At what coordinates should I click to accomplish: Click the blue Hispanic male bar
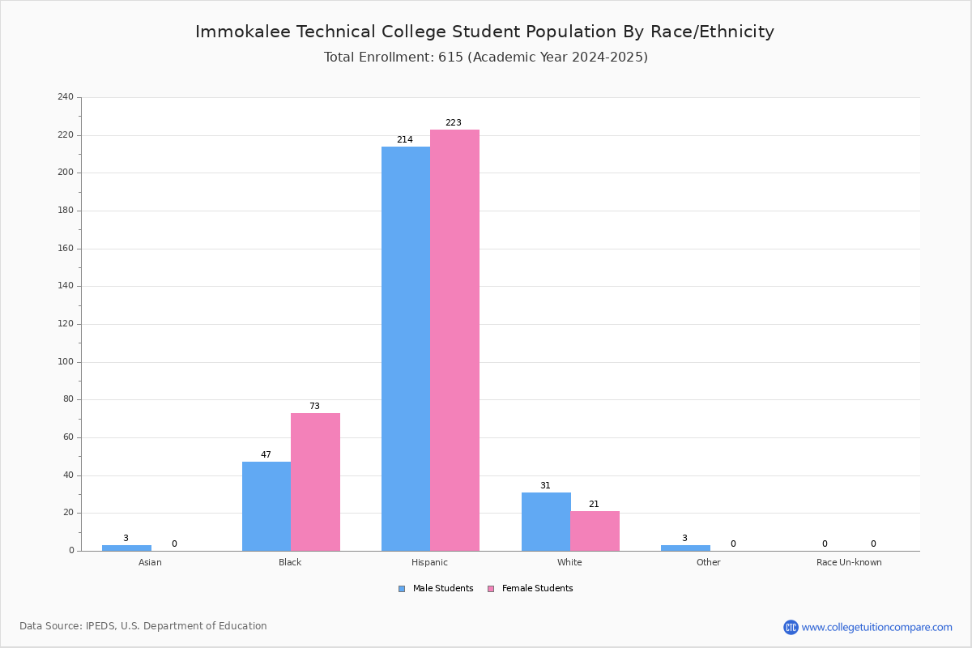click(x=406, y=349)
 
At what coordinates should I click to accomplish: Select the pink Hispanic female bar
click(x=454, y=340)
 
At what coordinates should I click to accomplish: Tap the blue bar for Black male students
click(x=266, y=506)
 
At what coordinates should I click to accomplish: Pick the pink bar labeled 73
click(x=315, y=482)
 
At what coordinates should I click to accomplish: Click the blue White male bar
click(x=546, y=522)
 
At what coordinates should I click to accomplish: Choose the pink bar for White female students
click(x=595, y=531)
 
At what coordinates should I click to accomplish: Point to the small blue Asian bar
click(x=126, y=548)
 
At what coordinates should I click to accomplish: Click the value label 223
click(x=454, y=123)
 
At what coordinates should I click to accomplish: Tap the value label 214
click(x=405, y=140)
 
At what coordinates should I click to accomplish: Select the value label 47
click(x=266, y=455)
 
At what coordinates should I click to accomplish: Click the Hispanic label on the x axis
click(x=429, y=562)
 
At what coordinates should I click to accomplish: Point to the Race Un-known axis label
click(x=849, y=562)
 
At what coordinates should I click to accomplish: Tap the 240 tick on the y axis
click(x=66, y=96)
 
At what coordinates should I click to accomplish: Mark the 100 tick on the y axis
click(x=66, y=362)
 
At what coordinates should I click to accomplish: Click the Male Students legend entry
click(x=436, y=589)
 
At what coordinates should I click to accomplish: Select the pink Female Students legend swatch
click(x=491, y=589)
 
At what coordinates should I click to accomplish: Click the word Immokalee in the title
click(x=242, y=32)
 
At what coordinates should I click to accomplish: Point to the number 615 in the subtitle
click(x=450, y=58)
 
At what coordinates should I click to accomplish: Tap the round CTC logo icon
click(x=791, y=627)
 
